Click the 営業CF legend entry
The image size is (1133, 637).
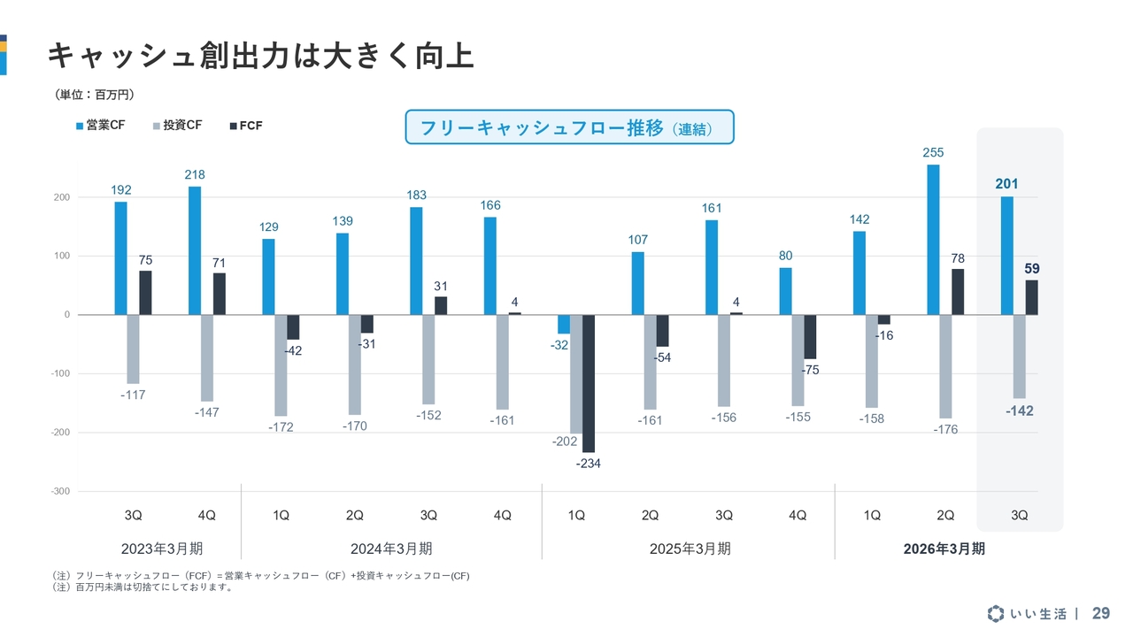[x=100, y=126]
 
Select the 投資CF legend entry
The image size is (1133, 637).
[x=177, y=126]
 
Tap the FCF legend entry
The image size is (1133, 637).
[x=245, y=126]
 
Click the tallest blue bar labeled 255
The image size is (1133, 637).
[x=933, y=239]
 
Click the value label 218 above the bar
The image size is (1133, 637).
[x=195, y=175]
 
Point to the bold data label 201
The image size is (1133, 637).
[x=1006, y=184]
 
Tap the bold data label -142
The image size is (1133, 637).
[x=1019, y=411]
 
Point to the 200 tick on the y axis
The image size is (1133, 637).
[x=61, y=197]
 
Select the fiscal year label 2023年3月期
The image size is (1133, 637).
[x=168, y=549]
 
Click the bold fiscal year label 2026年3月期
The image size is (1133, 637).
[x=944, y=549]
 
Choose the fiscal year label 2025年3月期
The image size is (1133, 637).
[x=690, y=549]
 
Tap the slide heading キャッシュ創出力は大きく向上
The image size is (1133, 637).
[x=260, y=56]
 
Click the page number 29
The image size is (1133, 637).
[x=1100, y=613]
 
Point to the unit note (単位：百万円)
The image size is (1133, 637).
[x=95, y=95]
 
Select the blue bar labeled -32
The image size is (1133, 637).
[x=564, y=323]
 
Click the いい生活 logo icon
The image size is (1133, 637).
[x=997, y=613]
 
